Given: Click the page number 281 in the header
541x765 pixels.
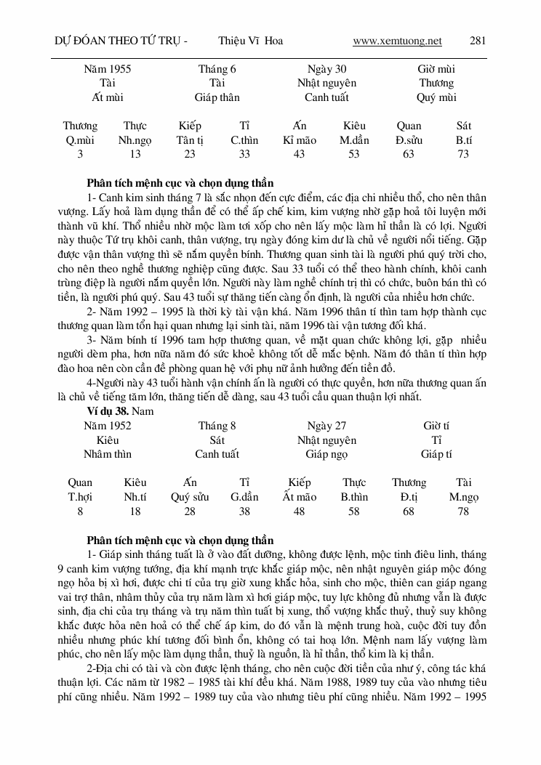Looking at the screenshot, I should click(478, 41).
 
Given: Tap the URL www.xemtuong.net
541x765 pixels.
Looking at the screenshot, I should click(397, 41).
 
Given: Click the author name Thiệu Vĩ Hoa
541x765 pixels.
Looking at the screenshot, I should click(250, 41).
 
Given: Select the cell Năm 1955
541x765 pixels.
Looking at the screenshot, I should click(108, 69).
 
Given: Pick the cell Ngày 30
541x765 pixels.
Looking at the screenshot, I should click(326, 69).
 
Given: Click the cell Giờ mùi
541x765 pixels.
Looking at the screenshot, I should click(436, 69).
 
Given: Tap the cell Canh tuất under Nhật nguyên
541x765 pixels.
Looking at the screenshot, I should click(326, 97).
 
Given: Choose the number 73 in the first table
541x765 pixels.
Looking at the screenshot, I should click(464, 154).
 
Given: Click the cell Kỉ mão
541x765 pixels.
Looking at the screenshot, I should click(299, 140).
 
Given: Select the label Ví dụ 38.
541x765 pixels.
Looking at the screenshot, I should click(108, 411).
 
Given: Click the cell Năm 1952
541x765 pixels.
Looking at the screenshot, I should click(108, 426).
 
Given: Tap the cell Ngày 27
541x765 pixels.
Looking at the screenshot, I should click(326, 426).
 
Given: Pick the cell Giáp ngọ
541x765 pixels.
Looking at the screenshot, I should click(326, 454).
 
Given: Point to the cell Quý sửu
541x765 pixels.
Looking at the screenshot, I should click(190, 497).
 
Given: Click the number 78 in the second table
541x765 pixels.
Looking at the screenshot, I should click(464, 511).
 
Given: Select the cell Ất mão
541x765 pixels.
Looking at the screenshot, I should click(299, 497).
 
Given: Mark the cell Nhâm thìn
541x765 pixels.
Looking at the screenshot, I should click(108, 454).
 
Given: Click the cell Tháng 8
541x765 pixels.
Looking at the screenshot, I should click(217, 426).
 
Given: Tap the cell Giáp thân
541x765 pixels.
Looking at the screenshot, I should click(217, 97).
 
